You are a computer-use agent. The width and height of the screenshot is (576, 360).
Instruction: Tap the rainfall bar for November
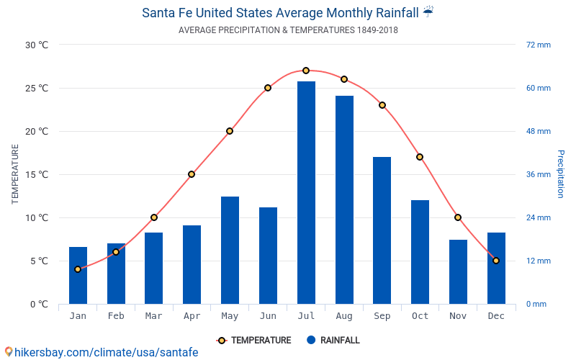(x=458, y=271)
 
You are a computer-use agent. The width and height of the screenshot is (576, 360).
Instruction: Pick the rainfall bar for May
(x=230, y=250)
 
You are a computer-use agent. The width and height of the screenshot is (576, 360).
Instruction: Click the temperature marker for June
(x=268, y=88)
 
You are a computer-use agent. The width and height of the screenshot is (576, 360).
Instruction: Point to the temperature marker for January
(x=78, y=269)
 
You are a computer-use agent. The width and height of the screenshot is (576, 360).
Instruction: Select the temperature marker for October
(x=420, y=157)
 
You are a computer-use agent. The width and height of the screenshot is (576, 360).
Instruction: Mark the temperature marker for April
(x=192, y=174)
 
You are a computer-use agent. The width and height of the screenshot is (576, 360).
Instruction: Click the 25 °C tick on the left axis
(x=37, y=88)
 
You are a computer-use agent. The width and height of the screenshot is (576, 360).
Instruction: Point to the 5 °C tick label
(x=37, y=261)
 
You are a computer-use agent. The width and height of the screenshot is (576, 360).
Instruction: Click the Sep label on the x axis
(x=382, y=316)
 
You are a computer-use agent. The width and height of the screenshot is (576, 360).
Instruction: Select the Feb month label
(x=116, y=316)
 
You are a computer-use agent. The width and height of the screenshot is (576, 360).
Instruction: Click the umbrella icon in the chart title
(x=428, y=12)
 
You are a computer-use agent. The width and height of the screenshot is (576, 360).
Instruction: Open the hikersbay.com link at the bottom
(x=101, y=353)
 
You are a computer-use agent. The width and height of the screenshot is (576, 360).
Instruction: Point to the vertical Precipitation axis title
(x=560, y=174)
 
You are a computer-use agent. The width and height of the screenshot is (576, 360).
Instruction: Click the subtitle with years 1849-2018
(x=288, y=30)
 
